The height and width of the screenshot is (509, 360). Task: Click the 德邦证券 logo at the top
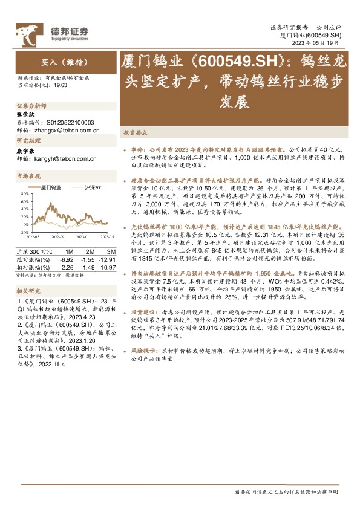[x=53, y=31]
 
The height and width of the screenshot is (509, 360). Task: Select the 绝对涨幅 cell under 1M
[x=66, y=259]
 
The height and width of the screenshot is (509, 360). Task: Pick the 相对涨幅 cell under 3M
[x=106, y=267]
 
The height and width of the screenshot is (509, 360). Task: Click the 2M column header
[x=90, y=250]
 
